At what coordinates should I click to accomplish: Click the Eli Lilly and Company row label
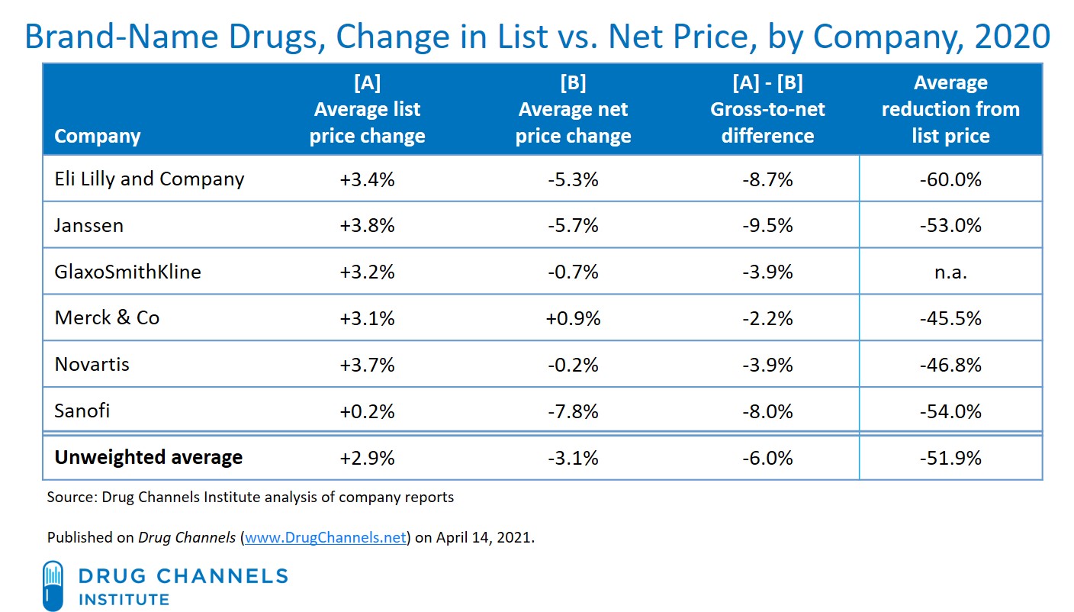(x=150, y=179)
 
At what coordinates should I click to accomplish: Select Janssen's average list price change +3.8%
(x=368, y=226)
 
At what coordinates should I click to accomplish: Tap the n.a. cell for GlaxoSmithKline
(x=950, y=272)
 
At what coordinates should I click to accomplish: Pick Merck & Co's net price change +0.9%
(x=573, y=318)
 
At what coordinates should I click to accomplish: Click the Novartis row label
(x=92, y=365)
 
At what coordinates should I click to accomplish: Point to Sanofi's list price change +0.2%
(x=368, y=411)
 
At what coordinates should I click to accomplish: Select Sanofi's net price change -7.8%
(x=573, y=411)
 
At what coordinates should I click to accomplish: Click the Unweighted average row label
(x=149, y=458)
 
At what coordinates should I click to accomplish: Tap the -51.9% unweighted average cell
(x=950, y=459)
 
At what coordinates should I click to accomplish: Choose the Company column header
(x=98, y=137)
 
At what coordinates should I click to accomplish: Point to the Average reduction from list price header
(x=950, y=110)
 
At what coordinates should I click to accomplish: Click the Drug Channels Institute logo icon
(x=53, y=585)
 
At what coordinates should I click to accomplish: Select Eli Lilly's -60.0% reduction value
(x=950, y=180)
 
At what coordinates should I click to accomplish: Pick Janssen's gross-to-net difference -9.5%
(x=767, y=226)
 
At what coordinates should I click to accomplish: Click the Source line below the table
(x=250, y=498)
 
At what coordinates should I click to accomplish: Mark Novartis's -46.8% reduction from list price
(x=950, y=365)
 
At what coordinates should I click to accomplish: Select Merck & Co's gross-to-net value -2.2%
(x=767, y=318)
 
